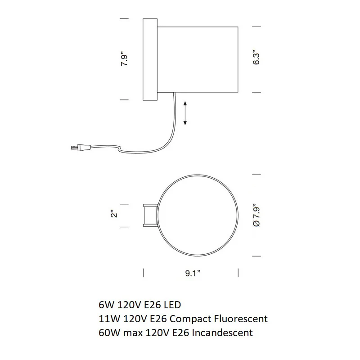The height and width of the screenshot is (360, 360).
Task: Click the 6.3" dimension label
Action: pos(256,57)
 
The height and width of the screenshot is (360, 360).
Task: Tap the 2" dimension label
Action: pos(114,213)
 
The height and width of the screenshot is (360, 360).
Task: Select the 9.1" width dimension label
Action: pos(193,273)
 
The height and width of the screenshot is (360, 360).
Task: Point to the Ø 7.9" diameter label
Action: pos(256,215)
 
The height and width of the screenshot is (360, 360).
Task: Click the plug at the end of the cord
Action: pos(81,148)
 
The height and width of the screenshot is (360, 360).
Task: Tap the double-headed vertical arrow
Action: pos(185,113)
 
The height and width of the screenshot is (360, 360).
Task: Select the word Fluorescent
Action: pos(241,319)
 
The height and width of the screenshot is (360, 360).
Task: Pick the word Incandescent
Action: pos(222,333)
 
